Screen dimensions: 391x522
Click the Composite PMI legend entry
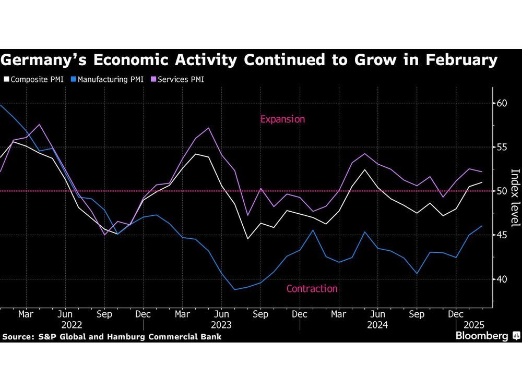pyautogui.click(x=33, y=80)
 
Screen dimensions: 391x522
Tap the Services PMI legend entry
pyautogui.click(x=179, y=80)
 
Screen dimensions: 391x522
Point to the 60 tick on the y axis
pyautogui.click(x=502, y=103)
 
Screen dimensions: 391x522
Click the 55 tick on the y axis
pyautogui.click(x=502, y=147)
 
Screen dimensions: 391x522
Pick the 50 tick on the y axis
pyautogui.click(x=502, y=191)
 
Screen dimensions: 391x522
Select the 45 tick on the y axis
pyautogui.click(x=502, y=235)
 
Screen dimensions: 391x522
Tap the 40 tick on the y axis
pyautogui.click(x=502, y=279)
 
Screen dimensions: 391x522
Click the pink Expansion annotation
pyautogui.click(x=282, y=119)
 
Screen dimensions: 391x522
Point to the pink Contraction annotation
pyautogui.click(x=312, y=289)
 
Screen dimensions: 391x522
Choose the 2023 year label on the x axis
pyautogui.click(x=221, y=325)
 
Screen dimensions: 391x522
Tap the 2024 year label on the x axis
pyautogui.click(x=377, y=325)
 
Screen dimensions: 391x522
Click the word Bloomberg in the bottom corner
pyautogui.click(x=482, y=336)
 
